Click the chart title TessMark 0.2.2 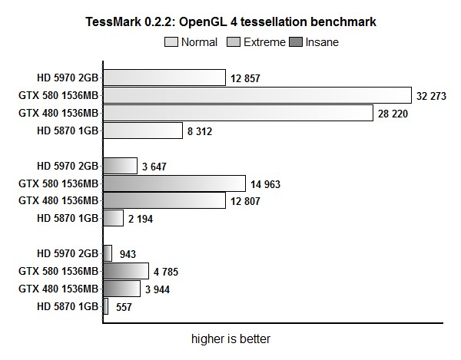230,22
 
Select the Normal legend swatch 171,42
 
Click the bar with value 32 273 257,95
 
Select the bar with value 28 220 237,113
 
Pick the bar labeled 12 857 164,78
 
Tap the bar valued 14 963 174,183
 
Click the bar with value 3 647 119,166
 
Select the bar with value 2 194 113,218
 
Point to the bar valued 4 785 125,270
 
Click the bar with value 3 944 121,288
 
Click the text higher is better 230,339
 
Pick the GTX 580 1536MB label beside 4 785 58,271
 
